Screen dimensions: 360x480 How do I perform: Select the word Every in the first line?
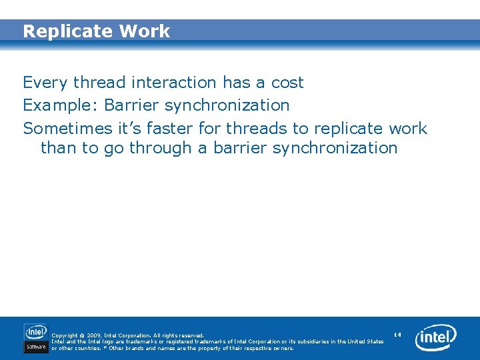pyautogui.click(x=46, y=83)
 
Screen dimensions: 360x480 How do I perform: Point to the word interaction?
pyautogui.click(x=174, y=83)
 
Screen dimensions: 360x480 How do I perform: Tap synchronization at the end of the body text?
pyautogui.click(x=335, y=148)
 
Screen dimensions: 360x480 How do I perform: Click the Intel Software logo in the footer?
pyautogui.click(x=36, y=337)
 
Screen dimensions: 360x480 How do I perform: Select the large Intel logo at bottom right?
pyautogui.click(x=436, y=338)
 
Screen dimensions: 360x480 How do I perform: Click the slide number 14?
pyautogui.click(x=397, y=334)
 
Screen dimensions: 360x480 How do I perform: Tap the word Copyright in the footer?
pyautogui.click(x=65, y=335)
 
